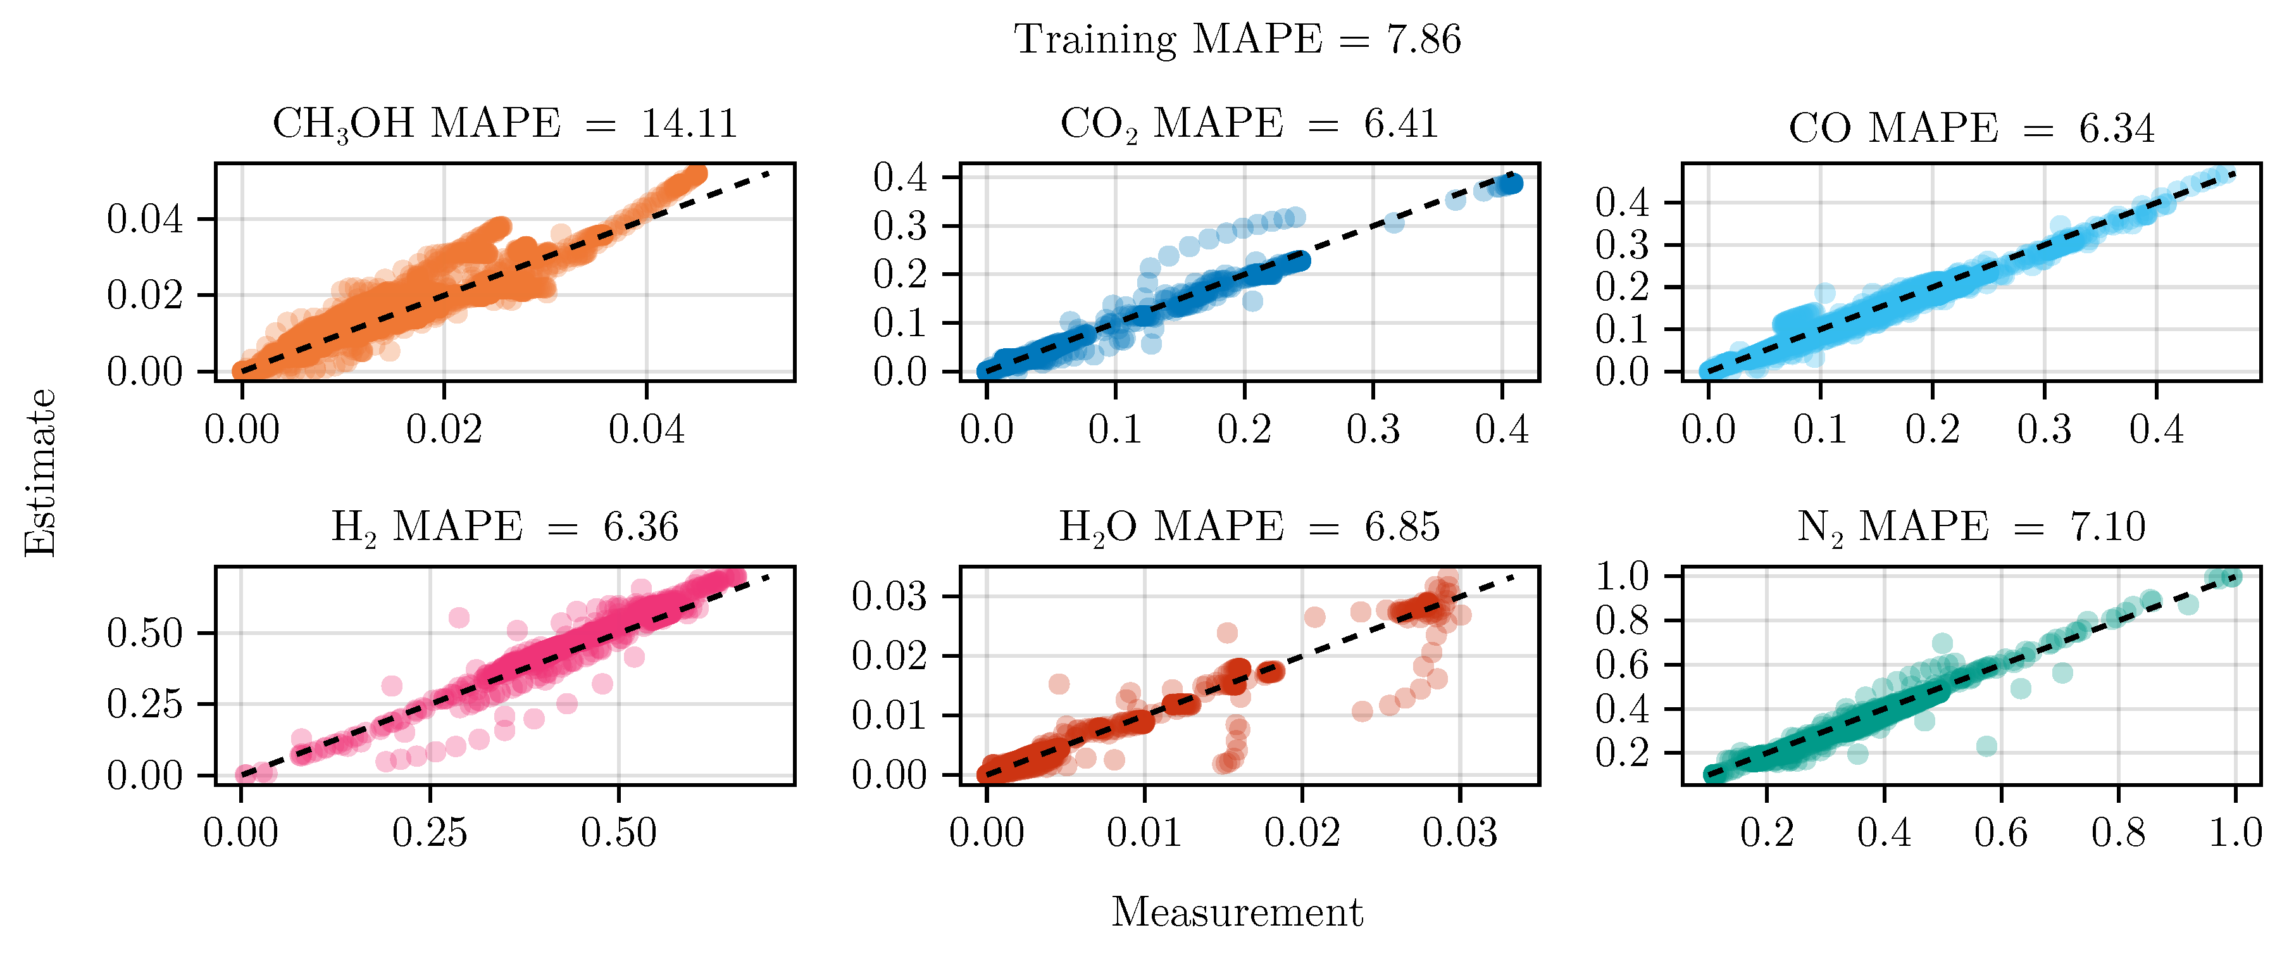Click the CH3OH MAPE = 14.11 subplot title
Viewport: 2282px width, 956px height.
coord(504,124)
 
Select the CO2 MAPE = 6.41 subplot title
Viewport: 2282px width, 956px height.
coord(1249,124)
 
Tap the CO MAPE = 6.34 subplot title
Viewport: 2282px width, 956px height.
coord(1971,129)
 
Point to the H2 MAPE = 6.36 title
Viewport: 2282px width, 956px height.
coord(504,527)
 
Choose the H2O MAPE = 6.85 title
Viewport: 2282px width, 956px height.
coord(1249,527)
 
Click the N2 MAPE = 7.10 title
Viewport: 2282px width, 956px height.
coord(1971,527)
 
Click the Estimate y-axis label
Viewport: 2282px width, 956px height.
coord(41,472)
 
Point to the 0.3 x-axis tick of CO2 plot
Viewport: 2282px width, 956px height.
coord(1373,430)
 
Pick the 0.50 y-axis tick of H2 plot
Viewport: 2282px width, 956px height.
coord(144,632)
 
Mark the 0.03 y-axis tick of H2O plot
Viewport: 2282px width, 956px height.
coord(889,596)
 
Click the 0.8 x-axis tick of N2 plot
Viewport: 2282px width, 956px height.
coord(2118,833)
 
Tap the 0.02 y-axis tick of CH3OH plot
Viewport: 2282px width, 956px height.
coord(144,294)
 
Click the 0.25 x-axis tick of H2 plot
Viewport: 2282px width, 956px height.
coord(430,833)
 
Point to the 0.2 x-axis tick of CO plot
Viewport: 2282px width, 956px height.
coord(1932,430)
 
